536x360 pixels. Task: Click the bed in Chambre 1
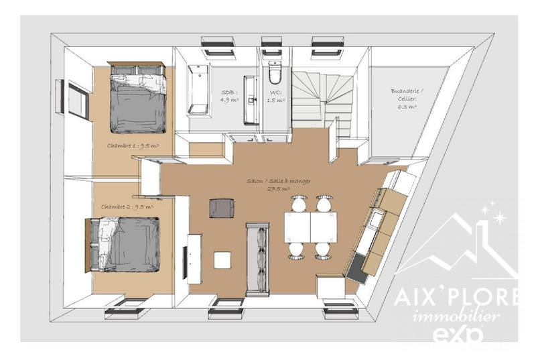137,99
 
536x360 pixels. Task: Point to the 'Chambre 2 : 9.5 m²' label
127,207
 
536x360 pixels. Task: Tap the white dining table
310,227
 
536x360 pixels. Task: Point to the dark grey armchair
220,208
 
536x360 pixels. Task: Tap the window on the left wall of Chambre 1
78,99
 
